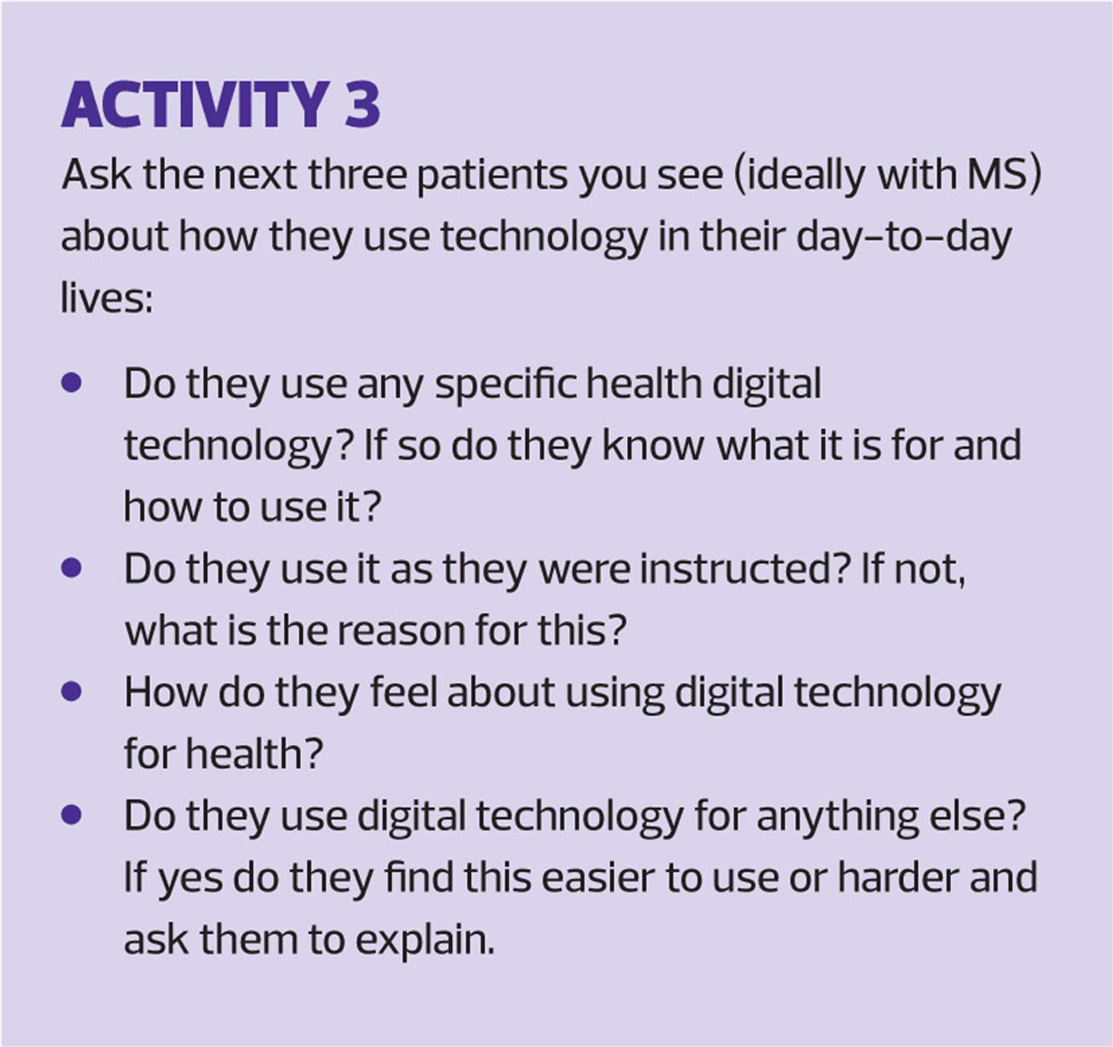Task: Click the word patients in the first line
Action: (x=492, y=176)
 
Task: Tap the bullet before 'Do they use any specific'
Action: (x=71, y=384)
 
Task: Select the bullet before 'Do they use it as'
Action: (x=71, y=569)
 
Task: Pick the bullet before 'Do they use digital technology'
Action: (x=71, y=816)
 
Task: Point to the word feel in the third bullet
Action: (x=403, y=693)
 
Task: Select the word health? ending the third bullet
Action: (x=253, y=755)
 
